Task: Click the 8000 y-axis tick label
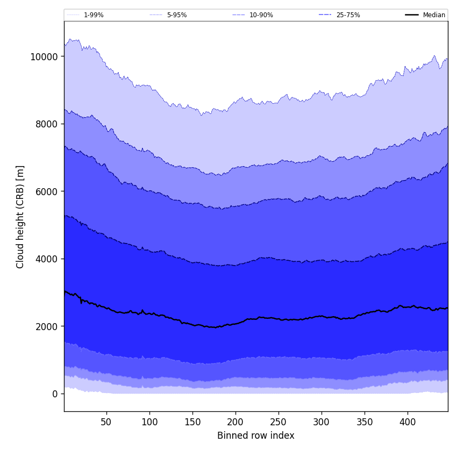coord(46,124)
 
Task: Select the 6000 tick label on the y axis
coord(46,191)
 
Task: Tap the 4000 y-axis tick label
coord(46,259)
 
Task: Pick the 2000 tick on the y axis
coord(46,326)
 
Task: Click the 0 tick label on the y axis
coord(54,394)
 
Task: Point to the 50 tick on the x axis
coord(106,422)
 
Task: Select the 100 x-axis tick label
coord(149,422)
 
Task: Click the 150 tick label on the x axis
coord(192,422)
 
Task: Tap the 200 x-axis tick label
coord(235,422)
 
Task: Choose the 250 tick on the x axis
coord(279,422)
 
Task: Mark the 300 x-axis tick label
coord(322,422)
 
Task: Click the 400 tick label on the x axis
coord(408,422)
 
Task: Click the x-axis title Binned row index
coord(256,435)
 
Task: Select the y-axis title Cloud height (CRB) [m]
coord(20,217)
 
